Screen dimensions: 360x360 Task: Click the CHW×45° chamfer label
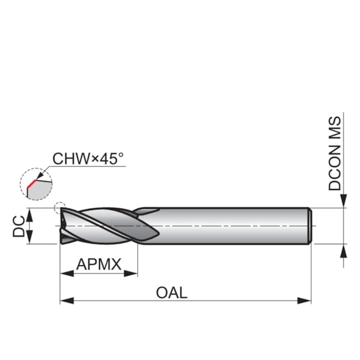(88, 159)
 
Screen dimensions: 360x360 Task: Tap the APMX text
(99, 264)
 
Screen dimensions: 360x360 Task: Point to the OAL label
(172, 292)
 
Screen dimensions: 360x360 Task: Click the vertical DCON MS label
(336, 153)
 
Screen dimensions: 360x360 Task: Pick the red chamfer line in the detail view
(30, 183)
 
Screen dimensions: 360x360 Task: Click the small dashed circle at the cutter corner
(59, 209)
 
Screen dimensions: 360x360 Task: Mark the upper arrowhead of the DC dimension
(30, 213)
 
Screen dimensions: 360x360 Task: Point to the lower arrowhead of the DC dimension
(30, 239)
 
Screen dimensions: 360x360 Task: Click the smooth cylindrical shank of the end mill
(233, 226)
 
